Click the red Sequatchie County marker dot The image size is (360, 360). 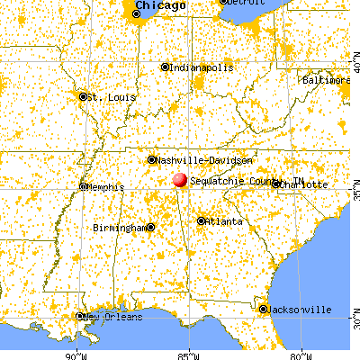(x=180, y=180)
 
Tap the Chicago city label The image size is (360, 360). (x=161, y=6)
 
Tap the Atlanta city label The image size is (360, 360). (x=224, y=221)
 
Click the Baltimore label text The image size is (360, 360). (x=325, y=80)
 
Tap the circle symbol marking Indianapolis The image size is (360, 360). (x=165, y=67)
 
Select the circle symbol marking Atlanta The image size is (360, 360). (x=202, y=220)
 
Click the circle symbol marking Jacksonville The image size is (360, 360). (x=264, y=310)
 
